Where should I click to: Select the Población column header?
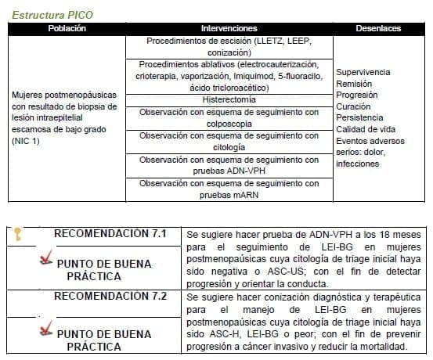pyautogui.click(x=67, y=28)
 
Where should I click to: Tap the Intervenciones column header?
pyautogui.click(x=229, y=28)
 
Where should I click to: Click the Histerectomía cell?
pyautogui.click(x=229, y=100)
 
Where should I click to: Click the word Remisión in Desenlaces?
pyautogui.click(x=354, y=83)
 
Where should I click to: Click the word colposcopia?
pyautogui.click(x=229, y=124)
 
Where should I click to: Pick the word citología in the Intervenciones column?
pyautogui.click(x=229, y=147)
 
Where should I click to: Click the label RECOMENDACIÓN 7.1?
pyautogui.click(x=110, y=233)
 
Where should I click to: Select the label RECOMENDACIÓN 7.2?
pyautogui.click(x=110, y=297)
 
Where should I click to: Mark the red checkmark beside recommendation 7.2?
pyautogui.click(x=46, y=330)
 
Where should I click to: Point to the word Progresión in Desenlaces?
pyautogui.click(x=357, y=95)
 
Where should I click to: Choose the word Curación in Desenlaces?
pyautogui.click(x=354, y=106)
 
